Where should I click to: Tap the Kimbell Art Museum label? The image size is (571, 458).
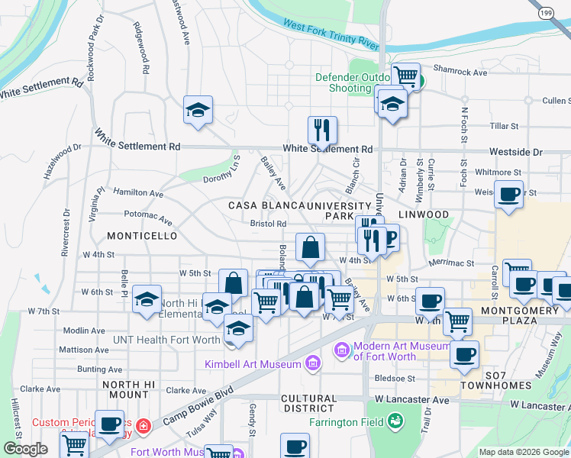253,364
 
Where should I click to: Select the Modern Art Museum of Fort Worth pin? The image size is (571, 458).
342,350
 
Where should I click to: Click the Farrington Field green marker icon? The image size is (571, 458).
395,420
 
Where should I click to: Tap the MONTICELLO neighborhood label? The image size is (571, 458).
142,237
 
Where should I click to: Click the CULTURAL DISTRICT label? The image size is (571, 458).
308,404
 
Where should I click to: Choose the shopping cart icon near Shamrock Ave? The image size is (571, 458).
406,76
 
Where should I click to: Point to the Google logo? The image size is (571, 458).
25,449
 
